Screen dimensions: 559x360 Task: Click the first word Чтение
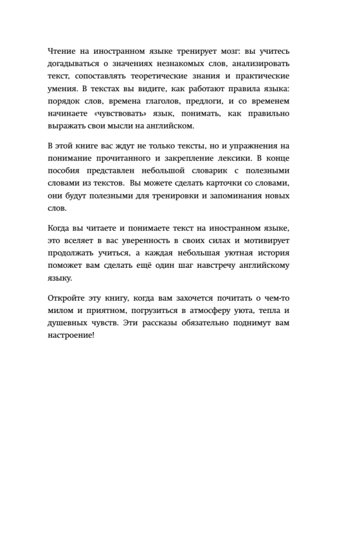62,51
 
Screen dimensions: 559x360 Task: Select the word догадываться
73,64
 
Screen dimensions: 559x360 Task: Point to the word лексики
232,159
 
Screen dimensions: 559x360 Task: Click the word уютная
225,254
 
